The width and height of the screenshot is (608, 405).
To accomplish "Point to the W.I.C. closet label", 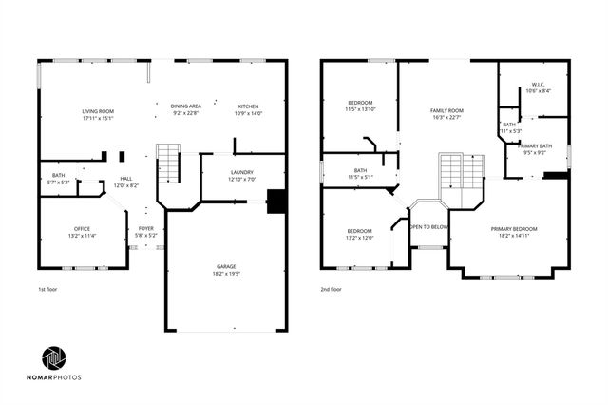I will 538,87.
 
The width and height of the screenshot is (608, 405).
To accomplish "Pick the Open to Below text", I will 428,227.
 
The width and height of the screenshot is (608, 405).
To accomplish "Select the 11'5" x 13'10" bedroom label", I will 360,106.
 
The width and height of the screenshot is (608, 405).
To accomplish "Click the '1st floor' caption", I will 49,289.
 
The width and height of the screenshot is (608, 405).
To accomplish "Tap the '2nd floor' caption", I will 332,289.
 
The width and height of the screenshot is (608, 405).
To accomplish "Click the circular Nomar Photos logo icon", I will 54,357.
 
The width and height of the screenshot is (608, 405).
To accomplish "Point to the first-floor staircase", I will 167,164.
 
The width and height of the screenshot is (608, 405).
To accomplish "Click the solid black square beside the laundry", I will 276,201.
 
